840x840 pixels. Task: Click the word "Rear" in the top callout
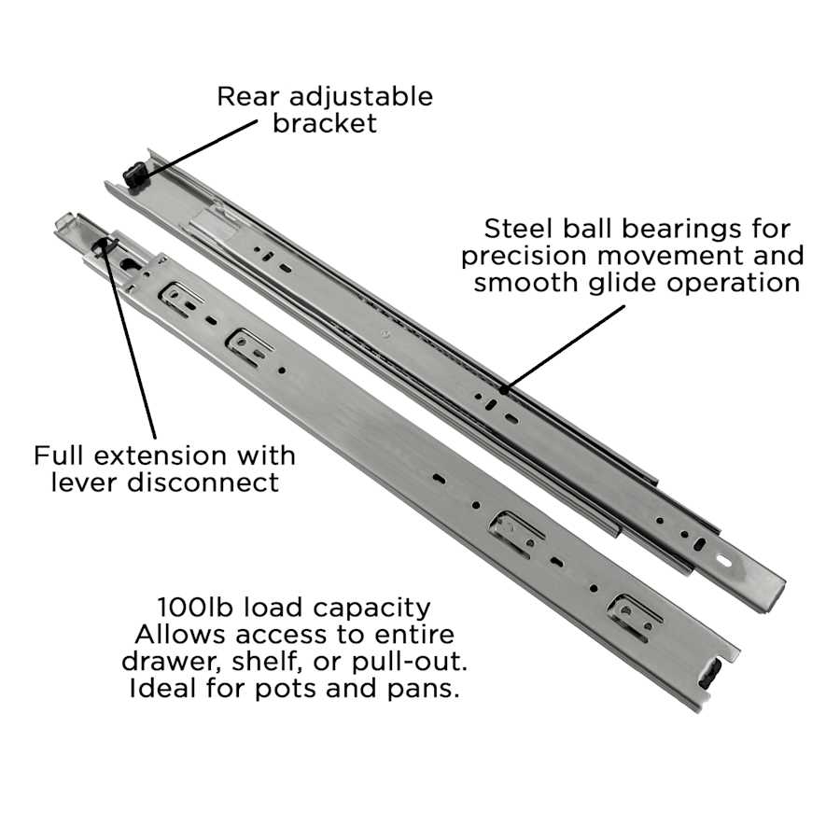point(248,96)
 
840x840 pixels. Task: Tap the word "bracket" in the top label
point(325,123)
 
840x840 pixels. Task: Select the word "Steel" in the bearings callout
point(518,229)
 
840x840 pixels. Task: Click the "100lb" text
point(197,608)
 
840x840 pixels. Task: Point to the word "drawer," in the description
point(172,662)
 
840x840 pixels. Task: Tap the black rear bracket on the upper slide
point(134,175)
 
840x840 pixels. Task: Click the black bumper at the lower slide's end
point(711,674)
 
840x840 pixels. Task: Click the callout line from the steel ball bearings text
point(564,348)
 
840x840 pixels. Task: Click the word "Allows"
point(179,635)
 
